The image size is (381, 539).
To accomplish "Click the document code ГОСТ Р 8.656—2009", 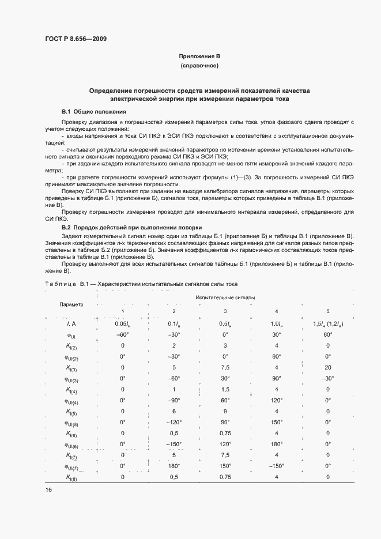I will coord(76,39).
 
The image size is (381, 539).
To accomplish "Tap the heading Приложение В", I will coord(199,56).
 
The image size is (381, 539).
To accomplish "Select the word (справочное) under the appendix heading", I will coord(199,66).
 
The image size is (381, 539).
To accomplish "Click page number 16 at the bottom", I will coord(48,489).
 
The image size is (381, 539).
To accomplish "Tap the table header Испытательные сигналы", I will coord(225,297).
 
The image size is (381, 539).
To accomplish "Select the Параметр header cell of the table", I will coord(71,304).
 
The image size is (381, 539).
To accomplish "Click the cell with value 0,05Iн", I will coord(122,324).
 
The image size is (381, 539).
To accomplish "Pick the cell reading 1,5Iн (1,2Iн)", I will coord(327,324).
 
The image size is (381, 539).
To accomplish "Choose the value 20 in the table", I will coord(327,368).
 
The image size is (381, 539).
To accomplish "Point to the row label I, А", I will coord(72,324).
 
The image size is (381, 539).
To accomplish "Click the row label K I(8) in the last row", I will coord(72,477).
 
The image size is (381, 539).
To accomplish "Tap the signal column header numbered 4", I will coord(277,311).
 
